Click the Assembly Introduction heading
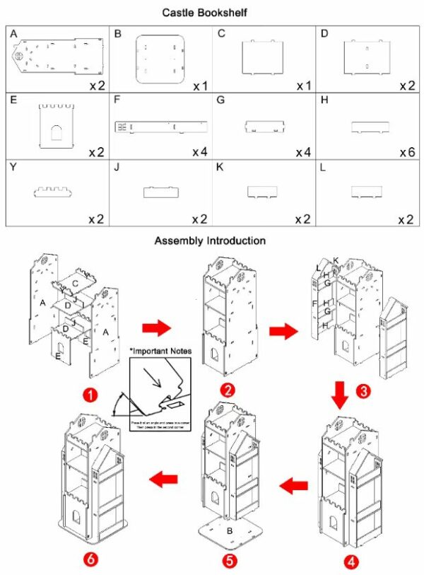(x=210, y=240)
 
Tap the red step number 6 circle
(x=90, y=559)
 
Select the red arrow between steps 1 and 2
(x=156, y=327)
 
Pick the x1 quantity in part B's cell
(x=199, y=86)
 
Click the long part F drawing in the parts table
(x=161, y=127)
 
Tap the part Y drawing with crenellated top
(x=55, y=191)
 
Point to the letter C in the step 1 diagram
(x=75, y=283)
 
